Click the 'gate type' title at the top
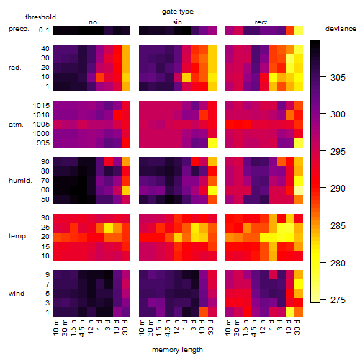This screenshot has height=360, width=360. tap(178, 12)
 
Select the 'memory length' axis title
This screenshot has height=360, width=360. tap(177, 350)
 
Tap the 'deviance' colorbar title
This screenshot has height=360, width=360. tap(341, 29)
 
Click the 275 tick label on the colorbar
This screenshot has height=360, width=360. tap(338, 300)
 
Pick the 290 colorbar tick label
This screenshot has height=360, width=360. tap(338, 189)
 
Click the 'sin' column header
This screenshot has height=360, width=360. tap(177, 22)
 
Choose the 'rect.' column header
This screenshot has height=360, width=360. tap(261, 22)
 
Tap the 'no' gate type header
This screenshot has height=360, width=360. tap(93, 22)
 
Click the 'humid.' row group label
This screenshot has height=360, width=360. tap(20, 181)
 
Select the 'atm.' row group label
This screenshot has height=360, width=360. tap(16, 125)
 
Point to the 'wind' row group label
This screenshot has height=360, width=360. tap(17, 294)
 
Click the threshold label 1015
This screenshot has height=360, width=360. tap(41, 106)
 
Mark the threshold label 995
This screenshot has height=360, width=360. tap(43, 143)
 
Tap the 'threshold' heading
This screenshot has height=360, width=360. tap(40, 17)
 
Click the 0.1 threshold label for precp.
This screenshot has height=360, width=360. tap(44, 30)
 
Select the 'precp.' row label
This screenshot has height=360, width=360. tap(19, 29)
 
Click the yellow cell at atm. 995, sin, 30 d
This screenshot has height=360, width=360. tap(212, 143)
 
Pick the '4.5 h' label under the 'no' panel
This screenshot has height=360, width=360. tap(82, 328)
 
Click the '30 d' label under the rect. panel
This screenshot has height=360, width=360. tap(297, 328)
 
